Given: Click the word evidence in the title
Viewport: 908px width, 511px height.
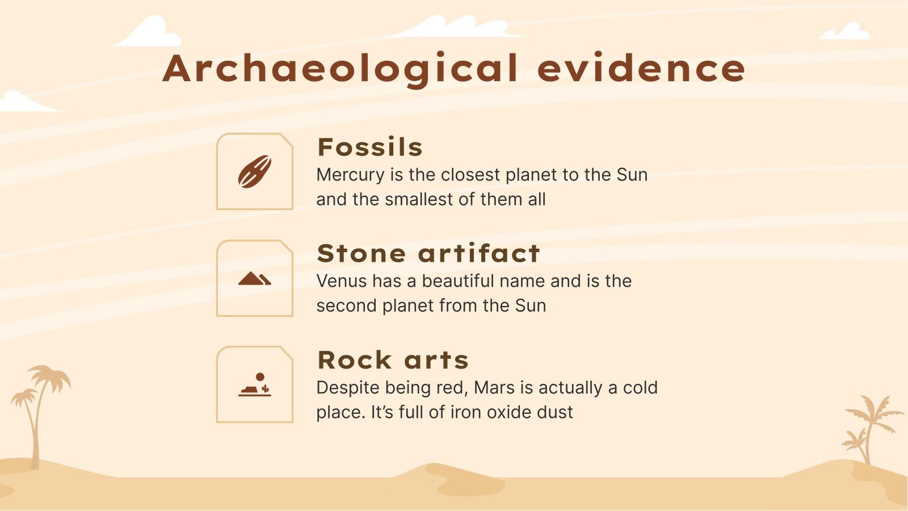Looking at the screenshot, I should (641, 68).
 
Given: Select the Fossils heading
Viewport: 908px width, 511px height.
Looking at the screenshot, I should (370, 147).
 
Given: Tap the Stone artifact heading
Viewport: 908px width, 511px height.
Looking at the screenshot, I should (428, 253).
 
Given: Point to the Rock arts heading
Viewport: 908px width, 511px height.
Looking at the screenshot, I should (393, 360).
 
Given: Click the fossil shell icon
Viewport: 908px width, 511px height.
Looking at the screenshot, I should (254, 171).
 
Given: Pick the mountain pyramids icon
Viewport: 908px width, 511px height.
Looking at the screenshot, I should (254, 278).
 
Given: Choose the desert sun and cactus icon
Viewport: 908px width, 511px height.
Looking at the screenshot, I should (254, 385).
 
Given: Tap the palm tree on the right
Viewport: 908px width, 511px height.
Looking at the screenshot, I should (868, 426).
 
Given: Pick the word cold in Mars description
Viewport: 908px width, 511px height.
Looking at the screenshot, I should (640, 388).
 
